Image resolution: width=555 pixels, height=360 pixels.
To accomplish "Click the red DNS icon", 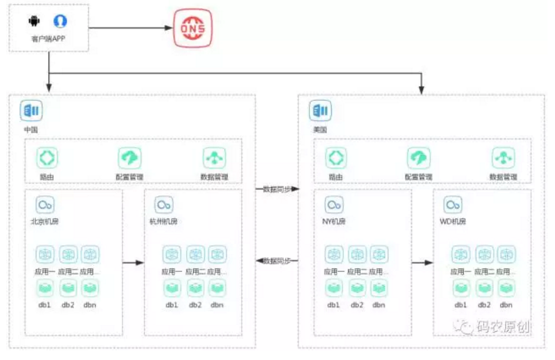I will tap(192, 28).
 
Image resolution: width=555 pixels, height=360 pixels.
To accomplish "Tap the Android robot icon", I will tap(31, 21).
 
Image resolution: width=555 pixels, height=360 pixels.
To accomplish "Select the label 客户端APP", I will tap(48, 39).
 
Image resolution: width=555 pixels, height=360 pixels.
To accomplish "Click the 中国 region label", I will tap(30, 129).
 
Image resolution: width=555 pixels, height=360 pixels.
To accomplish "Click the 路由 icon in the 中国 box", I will tap(47, 158).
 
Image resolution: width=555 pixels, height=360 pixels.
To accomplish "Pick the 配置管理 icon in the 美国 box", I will tap(418, 158).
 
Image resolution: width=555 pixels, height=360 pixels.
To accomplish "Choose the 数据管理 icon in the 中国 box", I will tap(215, 158).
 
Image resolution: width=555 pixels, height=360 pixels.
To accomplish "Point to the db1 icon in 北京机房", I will tap(47, 287).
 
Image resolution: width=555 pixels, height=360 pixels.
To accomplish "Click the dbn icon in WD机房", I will tap(506, 287).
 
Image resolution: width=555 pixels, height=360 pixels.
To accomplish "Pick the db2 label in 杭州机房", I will tap(196, 305).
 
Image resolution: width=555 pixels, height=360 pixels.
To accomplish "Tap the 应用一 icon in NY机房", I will tap(334, 254).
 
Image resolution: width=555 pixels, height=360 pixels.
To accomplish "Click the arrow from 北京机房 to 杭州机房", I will tap(133, 262).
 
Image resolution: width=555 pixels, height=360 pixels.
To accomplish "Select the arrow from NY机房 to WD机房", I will tap(422, 262).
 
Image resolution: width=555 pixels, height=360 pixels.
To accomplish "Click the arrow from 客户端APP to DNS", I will tap(129, 28).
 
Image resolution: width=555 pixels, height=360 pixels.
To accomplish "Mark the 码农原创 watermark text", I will tap(504, 327).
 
